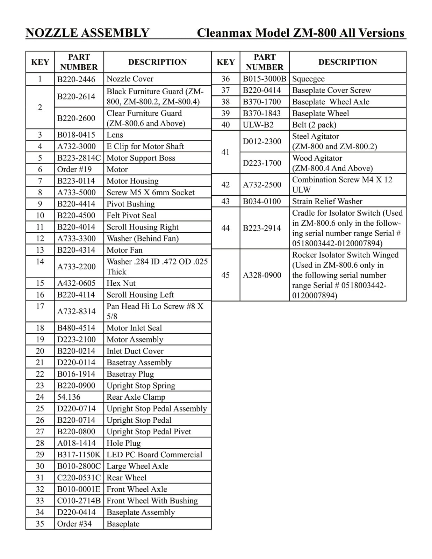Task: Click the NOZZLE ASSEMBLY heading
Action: (x=87, y=33)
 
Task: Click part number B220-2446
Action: (x=76, y=79)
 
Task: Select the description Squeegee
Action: (x=308, y=79)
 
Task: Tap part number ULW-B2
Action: (x=258, y=125)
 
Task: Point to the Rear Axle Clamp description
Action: (x=136, y=397)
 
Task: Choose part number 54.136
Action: (x=69, y=397)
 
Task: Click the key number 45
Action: (x=225, y=275)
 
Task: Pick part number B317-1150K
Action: (x=79, y=455)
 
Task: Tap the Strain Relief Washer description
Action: (x=327, y=201)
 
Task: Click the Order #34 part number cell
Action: (x=74, y=524)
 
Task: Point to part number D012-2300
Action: (x=262, y=141)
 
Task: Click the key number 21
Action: (x=40, y=362)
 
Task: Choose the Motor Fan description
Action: (x=124, y=250)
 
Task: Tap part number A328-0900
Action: (x=262, y=275)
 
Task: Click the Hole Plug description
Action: (x=123, y=443)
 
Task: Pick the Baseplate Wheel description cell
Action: (x=321, y=113)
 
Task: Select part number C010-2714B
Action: (x=79, y=501)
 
